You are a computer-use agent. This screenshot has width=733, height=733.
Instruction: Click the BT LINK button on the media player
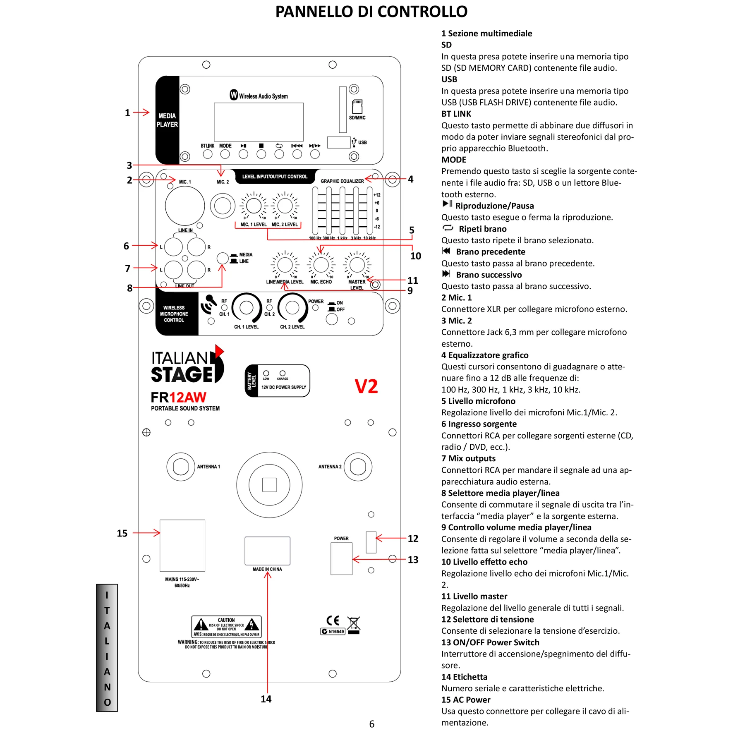point(208,154)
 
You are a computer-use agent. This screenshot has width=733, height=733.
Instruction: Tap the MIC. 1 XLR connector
point(184,206)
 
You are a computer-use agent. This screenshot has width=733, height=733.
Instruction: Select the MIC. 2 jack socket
point(223,206)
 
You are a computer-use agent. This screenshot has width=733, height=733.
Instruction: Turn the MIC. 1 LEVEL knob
point(254,206)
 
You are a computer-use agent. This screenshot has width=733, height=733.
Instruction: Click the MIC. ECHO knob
point(321,265)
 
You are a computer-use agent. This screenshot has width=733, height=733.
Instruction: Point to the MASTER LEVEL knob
point(357,265)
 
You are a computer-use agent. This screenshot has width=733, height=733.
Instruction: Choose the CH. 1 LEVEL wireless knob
point(247,308)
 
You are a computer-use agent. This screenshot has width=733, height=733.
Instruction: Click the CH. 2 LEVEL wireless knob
point(292,308)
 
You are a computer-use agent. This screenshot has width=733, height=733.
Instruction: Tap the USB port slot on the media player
point(339,142)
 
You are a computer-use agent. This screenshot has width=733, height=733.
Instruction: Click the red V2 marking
point(366,386)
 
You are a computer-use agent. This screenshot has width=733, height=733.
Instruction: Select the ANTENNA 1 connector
point(181,467)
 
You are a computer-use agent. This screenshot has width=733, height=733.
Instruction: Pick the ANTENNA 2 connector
point(358,467)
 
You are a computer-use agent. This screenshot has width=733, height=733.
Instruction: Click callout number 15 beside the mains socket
point(122,533)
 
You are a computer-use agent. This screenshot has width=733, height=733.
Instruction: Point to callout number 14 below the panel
point(266,699)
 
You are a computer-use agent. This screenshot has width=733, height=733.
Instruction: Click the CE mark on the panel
point(333,620)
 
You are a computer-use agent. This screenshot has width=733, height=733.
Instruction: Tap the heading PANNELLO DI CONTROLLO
point(371,12)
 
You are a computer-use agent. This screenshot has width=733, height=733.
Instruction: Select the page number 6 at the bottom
point(372,724)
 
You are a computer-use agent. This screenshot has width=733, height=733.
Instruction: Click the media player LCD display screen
point(259,122)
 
